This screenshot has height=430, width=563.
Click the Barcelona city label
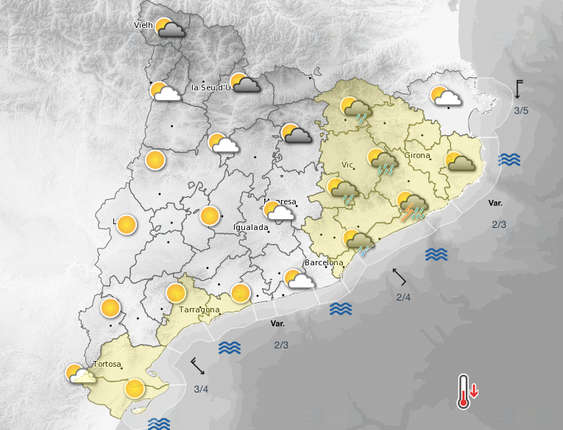(x=324, y=262)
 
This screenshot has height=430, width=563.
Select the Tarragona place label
(x=199, y=309)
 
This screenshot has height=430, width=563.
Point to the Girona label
(x=417, y=155)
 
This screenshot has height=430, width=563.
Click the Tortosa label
(x=107, y=365)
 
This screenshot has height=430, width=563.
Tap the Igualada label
(x=250, y=228)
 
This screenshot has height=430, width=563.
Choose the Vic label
(x=348, y=165)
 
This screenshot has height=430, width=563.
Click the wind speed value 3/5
(x=521, y=111)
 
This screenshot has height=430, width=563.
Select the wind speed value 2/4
(x=403, y=297)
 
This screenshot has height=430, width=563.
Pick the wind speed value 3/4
(x=201, y=389)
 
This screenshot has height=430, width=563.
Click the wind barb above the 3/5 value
(x=519, y=89)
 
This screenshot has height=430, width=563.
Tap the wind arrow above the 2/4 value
(x=400, y=276)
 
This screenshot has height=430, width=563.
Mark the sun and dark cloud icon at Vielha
(x=168, y=28)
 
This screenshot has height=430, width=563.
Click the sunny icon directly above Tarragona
(x=176, y=293)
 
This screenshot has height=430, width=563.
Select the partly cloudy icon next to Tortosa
(x=79, y=375)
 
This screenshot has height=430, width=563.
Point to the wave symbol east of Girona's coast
(x=509, y=160)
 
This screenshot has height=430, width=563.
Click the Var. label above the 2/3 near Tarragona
(x=277, y=323)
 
